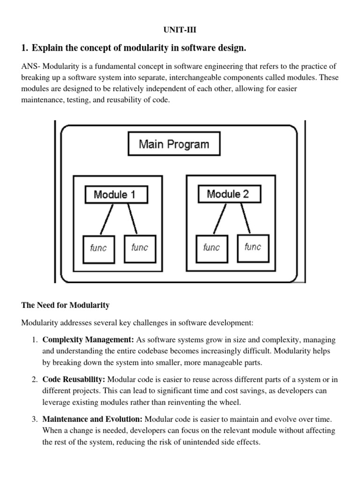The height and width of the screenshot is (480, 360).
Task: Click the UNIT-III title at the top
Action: coord(180,30)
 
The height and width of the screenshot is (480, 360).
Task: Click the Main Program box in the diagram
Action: coord(174,144)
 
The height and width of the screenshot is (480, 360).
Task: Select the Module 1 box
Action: coord(115,195)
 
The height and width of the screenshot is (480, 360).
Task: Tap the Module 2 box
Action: coord(228,194)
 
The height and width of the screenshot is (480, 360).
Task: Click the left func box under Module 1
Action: coord(98,247)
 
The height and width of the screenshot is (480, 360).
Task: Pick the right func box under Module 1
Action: coord(140,247)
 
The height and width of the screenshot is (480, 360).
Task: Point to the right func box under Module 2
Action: coord(253,247)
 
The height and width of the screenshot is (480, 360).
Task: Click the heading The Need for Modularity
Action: coord(65,305)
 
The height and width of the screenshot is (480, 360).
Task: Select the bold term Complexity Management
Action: coord(88,339)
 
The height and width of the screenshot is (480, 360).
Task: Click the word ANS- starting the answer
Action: coord(32,67)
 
